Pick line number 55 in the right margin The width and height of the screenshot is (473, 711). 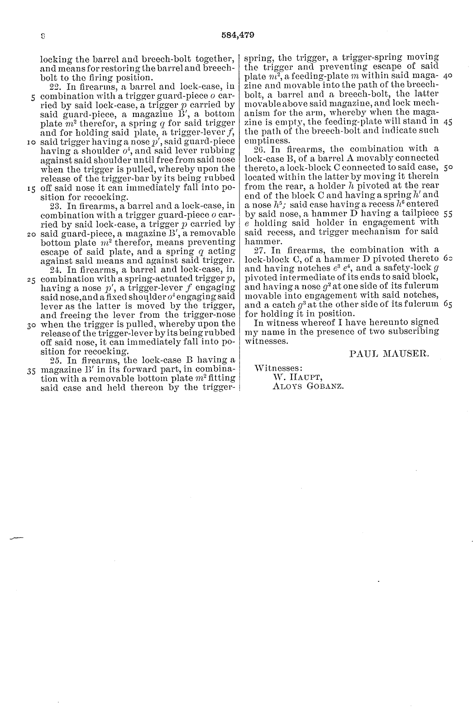[x=447, y=213]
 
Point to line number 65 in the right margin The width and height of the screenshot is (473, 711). [x=447, y=305]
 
